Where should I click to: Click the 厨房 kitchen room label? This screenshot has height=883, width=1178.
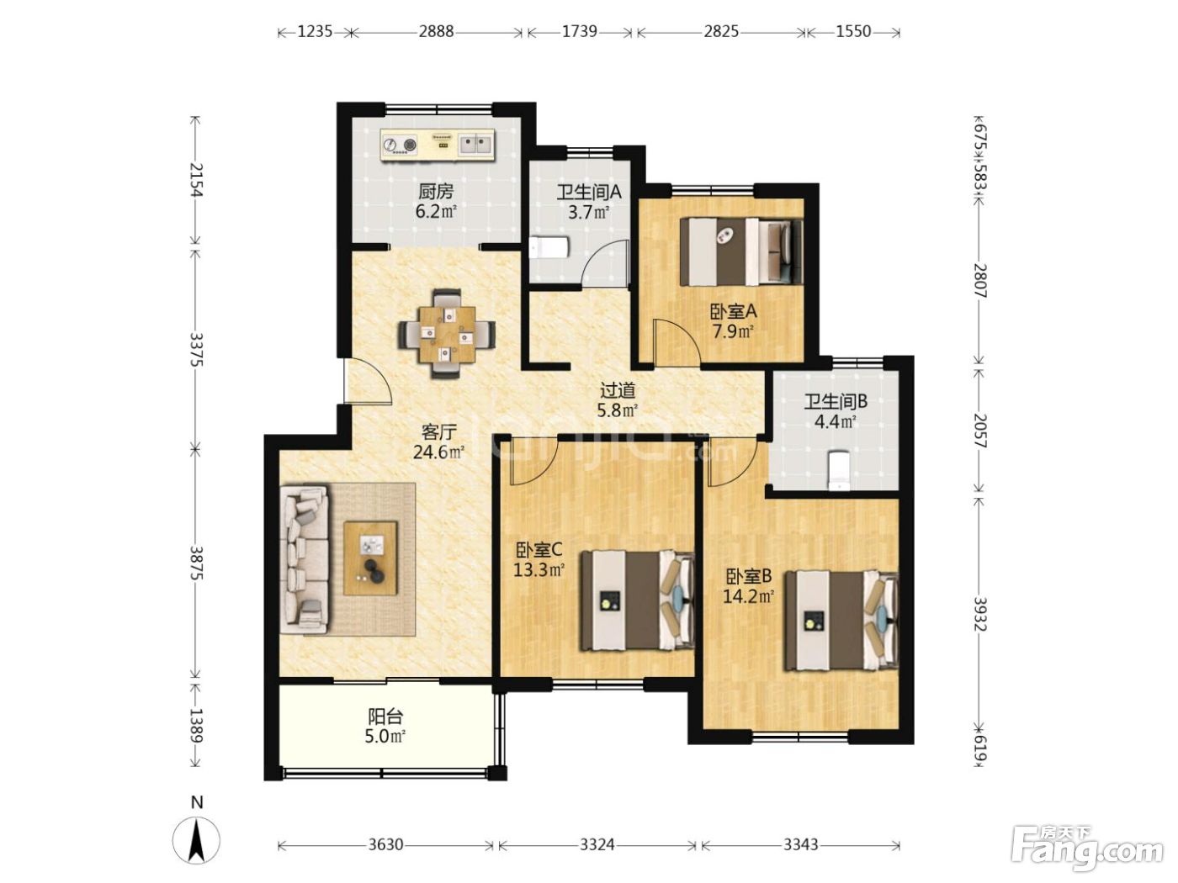point(436,191)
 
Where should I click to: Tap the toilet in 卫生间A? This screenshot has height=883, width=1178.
point(549,247)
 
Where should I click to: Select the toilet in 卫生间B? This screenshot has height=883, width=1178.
point(838,471)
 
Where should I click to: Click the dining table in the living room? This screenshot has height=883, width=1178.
point(447,334)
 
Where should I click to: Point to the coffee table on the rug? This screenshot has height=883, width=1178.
point(370,558)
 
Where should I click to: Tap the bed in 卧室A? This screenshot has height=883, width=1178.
point(741,251)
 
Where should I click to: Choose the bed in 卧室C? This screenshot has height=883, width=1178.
point(637,600)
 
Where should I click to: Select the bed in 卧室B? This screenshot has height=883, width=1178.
point(841,621)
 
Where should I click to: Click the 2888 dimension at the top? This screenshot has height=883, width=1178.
point(436,32)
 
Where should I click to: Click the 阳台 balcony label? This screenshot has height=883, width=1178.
point(385,716)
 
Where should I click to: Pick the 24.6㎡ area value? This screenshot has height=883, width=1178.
point(438,452)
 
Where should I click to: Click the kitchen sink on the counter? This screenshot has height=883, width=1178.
point(476,144)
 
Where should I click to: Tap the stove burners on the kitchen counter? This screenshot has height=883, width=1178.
point(400,144)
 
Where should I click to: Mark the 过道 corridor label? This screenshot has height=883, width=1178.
point(617,389)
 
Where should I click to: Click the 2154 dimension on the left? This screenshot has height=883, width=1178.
point(197,180)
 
